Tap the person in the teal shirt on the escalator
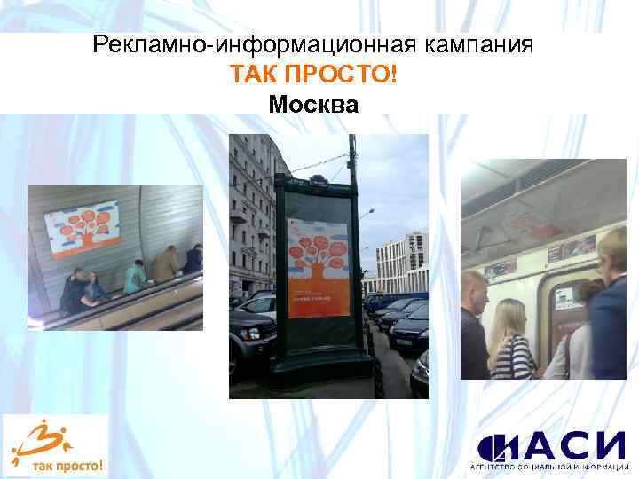[x=136, y=278]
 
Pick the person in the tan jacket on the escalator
[x=167, y=263]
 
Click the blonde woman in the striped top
[x=511, y=342]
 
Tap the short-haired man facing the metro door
[x=475, y=324]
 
